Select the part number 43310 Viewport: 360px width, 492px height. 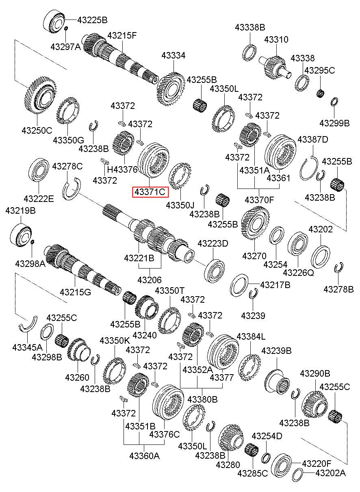(x=276, y=40)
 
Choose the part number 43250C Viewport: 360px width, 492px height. (x=37, y=130)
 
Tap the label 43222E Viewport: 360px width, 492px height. (x=39, y=199)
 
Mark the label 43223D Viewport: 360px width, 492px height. (x=213, y=243)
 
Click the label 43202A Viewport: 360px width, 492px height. (x=330, y=473)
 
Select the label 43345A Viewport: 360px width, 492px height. (x=27, y=347)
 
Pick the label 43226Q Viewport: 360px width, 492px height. (x=298, y=273)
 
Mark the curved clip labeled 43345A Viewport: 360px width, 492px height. (x=28, y=323)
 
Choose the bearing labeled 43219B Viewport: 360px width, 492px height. (x=20, y=234)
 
